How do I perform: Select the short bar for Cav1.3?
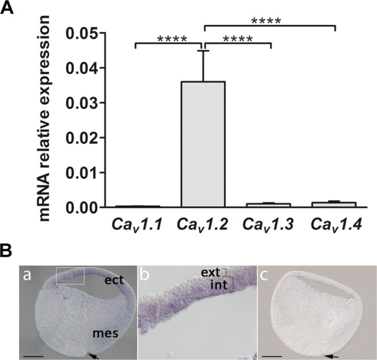click(270, 204)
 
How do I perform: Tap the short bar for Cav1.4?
click(335, 204)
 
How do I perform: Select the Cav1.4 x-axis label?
click(335, 225)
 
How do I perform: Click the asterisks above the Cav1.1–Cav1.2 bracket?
click(169, 39)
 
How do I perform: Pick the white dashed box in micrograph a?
click(71, 276)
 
